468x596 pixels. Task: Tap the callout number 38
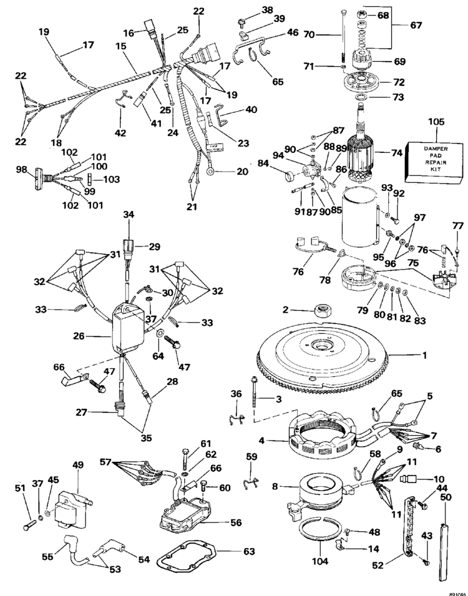click(x=250, y=9)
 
